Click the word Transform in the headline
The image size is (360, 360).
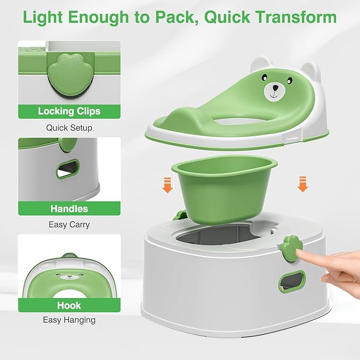[295, 17]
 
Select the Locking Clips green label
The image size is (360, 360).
[69, 111]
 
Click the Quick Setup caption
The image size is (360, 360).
[69, 128]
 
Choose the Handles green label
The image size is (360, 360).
[69, 208]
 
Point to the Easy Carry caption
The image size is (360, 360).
[69, 225]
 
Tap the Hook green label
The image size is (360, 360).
[69, 305]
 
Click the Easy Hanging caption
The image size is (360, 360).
[69, 320]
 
